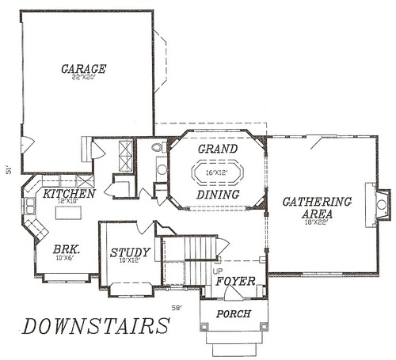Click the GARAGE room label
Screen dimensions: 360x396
[83, 69]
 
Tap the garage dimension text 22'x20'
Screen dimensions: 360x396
[83, 78]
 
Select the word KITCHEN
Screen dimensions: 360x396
[69, 193]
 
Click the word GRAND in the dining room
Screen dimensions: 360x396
[218, 149]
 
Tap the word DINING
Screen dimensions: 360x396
[219, 195]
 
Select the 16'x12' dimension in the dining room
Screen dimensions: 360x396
[217, 172]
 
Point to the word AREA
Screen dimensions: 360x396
[317, 214]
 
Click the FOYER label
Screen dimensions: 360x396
[235, 281]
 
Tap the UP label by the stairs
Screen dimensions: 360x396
[218, 271]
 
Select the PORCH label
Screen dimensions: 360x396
[234, 314]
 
